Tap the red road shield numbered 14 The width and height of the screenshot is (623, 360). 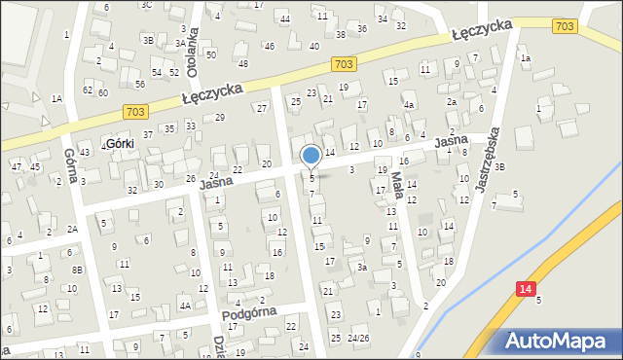pos(526,288)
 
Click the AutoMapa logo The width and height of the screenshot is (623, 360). pos(558,341)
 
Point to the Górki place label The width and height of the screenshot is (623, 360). pos(119,143)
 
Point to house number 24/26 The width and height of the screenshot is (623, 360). pos(358,339)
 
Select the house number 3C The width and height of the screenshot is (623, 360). pos(147,5)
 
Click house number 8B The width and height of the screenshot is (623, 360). pos(77,270)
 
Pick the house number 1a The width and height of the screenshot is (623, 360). pos(526,58)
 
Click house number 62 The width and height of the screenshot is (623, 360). pos(88,90)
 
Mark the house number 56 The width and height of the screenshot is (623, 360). pos(140,85)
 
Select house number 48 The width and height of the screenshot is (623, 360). pos(243,64)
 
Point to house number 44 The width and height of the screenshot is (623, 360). pos(284,19)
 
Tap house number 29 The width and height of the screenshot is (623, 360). pos(220,118)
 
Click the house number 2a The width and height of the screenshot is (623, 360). pos(452,101)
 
